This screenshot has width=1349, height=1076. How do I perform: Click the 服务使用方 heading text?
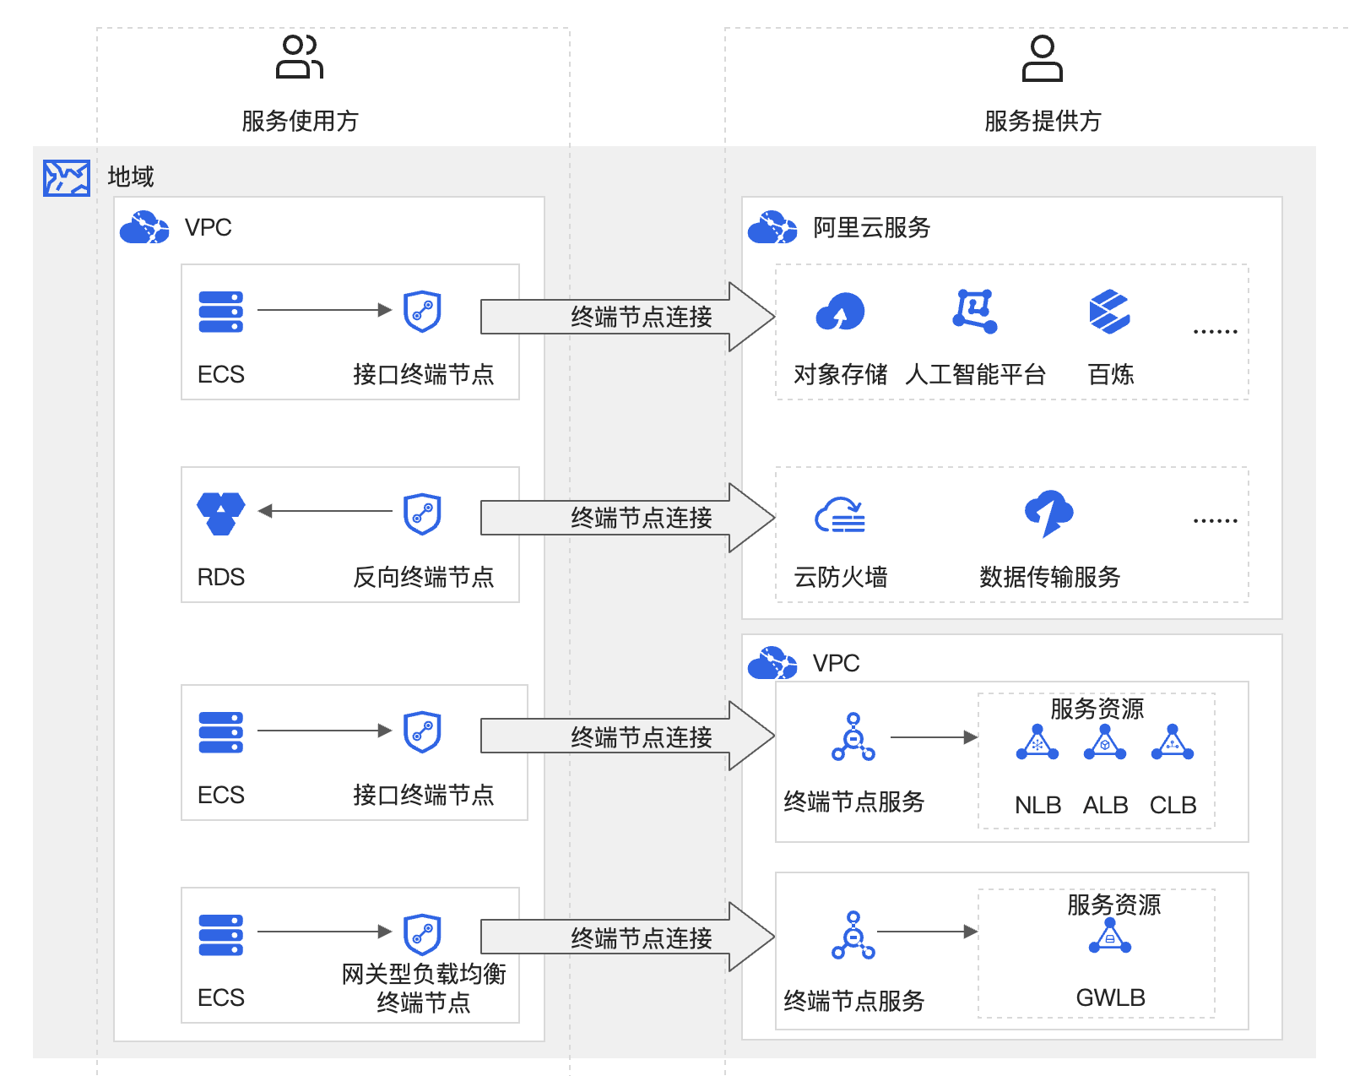(300, 121)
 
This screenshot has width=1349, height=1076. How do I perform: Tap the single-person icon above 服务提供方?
(1043, 58)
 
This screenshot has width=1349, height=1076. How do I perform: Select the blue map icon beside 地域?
(67, 178)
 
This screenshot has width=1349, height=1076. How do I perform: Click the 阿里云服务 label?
(871, 227)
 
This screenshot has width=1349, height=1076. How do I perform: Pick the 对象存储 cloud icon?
(840, 312)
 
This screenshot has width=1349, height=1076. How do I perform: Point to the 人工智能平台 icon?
(975, 311)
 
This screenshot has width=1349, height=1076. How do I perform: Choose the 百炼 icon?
(1109, 312)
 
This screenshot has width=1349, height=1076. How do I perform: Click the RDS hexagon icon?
(221, 514)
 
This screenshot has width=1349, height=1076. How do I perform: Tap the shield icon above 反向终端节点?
(422, 514)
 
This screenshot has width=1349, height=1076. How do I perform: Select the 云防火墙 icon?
(840, 514)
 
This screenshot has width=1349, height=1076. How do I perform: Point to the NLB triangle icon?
(1037, 743)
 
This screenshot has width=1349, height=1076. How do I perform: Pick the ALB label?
(1105, 805)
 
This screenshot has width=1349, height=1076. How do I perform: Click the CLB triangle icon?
(1173, 743)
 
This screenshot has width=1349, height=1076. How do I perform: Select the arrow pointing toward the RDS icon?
(325, 511)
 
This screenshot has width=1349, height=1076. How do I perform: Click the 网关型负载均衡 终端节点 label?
(423, 988)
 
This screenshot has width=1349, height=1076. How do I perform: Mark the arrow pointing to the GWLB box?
(927, 932)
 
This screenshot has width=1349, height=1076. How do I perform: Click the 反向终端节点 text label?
(423, 577)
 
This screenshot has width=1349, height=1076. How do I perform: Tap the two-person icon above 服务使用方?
(300, 57)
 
